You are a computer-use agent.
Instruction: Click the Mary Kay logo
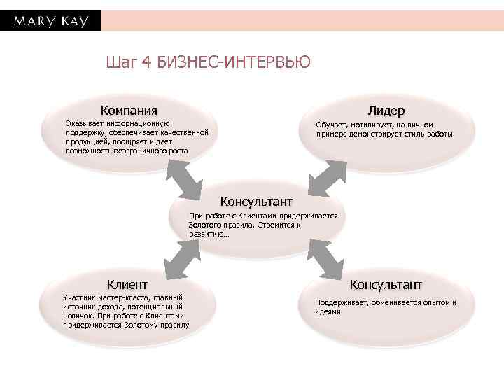(50, 21)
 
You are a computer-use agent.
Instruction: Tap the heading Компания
(128, 110)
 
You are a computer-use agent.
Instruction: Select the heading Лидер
(386, 111)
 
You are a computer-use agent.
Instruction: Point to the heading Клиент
(127, 284)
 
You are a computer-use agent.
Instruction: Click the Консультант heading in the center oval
(256, 202)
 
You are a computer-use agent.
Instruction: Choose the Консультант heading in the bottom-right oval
(386, 284)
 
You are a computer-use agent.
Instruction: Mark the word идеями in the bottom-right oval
(328, 311)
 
